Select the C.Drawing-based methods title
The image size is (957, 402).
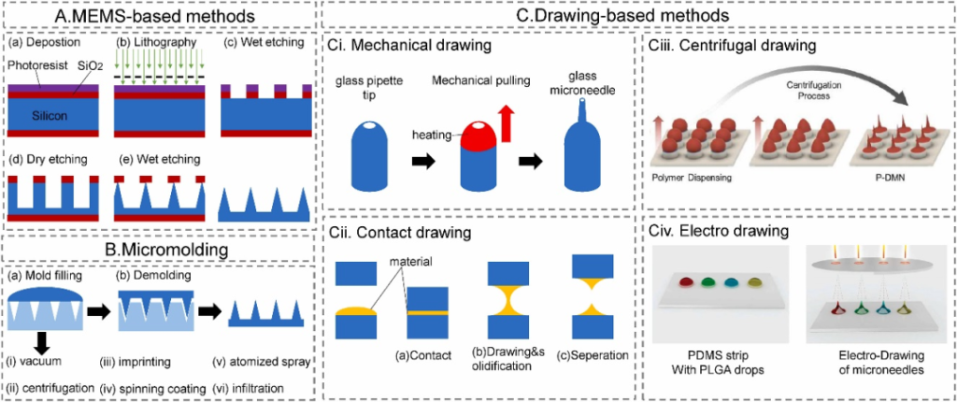pyautogui.click(x=637, y=16)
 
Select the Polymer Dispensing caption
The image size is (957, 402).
pyautogui.click(x=699, y=176)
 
